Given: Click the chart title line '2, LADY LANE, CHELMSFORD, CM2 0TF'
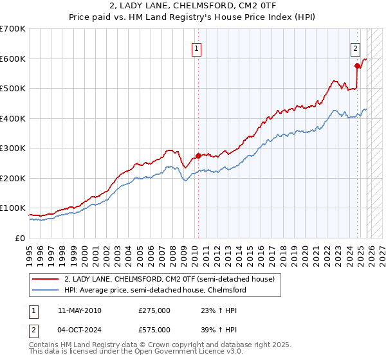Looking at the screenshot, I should click(192, 6).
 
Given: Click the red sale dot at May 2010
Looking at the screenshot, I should click(198, 156).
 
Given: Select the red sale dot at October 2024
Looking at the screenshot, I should click(358, 66).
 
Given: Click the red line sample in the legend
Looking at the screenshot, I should click(45, 280).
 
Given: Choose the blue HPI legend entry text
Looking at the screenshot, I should click(155, 290).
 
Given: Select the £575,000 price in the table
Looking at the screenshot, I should click(154, 329).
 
